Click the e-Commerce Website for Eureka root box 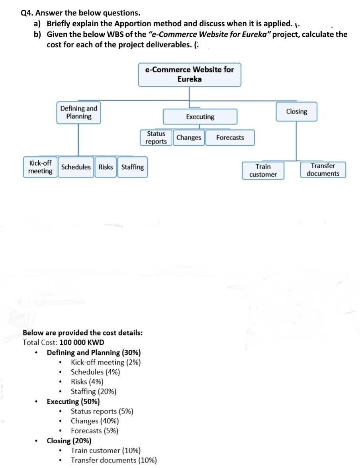click(190, 74)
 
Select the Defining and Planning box click(78, 112)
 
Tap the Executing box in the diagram click(200, 117)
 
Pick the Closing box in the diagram click(296, 112)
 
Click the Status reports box click(156, 138)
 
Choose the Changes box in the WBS click(189, 138)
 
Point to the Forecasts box click(230, 138)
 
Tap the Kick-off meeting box click(40, 167)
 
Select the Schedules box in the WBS click(76, 167)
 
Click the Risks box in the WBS click(106, 167)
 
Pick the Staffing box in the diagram click(132, 167)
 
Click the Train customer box click(263, 170)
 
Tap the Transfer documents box click(323, 170)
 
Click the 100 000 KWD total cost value click(82, 343)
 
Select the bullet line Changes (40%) click(95, 421)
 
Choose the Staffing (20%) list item click(94, 392)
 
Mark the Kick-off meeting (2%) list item click(106, 362)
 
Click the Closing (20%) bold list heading click(69, 441)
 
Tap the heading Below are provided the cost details click(82, 333)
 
